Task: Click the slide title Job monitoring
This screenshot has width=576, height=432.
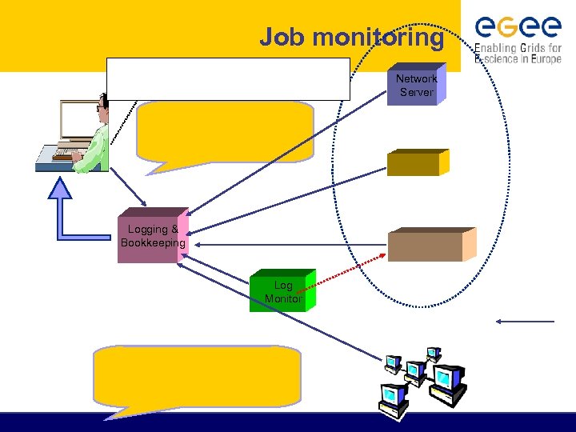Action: pyautogui.click(x=351, y=37)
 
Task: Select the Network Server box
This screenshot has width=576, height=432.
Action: pyautogui.click(x=416, y=85)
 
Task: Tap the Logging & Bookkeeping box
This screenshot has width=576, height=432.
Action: pyautogui.click(x=153, y=236)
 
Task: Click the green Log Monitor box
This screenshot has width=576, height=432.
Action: pyautogui.click(x=282, y=291)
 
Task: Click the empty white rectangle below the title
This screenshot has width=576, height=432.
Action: pyautogui.click(x=229, y=78)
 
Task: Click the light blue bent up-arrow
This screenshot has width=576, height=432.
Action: pyautogui.click(x=73, y=220)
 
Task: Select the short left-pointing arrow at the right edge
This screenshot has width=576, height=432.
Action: pyautogui.click(x=524, y=322)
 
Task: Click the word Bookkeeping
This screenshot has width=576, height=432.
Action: pyautogui.click(x=153, y=243)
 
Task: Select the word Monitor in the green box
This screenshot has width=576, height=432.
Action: pyautogui.click(x=282, y=298)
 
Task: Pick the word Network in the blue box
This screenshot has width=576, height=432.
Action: pyautogui.click(x=416, y=79)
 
